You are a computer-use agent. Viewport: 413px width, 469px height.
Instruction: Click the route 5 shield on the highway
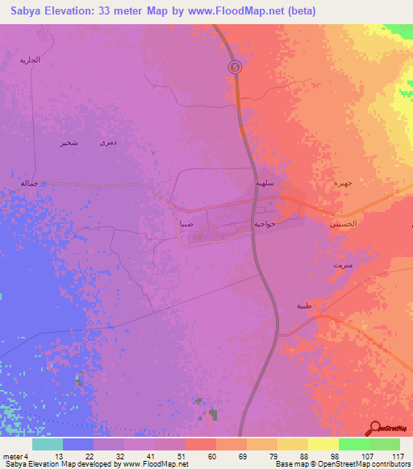(x=235, y=68)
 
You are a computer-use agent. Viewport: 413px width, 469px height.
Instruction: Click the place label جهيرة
(x=344, y=184)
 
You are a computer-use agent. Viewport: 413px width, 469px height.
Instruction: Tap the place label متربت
(x=342, y=264)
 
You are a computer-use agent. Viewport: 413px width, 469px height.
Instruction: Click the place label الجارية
(x=30, y=60)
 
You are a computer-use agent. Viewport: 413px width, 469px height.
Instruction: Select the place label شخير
(x=69, y=143)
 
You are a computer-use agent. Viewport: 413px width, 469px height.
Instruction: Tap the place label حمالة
(x=30, y=184)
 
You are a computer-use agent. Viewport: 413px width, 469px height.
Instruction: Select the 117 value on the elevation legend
(x=395, y=455)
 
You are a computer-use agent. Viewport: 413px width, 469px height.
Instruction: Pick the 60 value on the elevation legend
(x=211, y=455)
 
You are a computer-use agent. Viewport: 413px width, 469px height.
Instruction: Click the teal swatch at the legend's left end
(x=47, y=444)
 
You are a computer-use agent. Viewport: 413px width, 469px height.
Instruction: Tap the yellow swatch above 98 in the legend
(x=323, y=444)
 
